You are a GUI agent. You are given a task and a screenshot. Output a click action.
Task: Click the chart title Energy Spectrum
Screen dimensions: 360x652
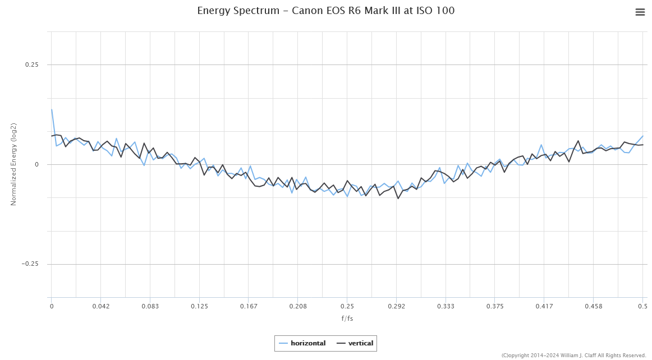pos(325,11)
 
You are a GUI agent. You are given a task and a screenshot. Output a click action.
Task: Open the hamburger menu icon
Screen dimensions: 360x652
pos(640,12)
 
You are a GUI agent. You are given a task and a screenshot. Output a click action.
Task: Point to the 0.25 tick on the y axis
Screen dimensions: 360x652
pos(31,64)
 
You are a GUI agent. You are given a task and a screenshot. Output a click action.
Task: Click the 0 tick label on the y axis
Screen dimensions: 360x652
pos(36,164)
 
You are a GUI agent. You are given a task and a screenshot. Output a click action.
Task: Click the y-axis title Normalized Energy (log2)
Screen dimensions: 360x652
pos(14,164)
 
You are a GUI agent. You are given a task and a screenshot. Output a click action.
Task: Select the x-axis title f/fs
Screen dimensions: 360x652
pos(347,319)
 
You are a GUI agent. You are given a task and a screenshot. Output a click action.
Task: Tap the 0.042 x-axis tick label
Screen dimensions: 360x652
pos(101,306)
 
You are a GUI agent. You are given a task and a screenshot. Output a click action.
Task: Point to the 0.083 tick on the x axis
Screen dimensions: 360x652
pos(150,306)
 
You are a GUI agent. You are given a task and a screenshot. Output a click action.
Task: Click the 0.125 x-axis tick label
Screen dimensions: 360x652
pos(199,306)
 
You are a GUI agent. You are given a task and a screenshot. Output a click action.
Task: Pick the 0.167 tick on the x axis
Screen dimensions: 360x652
pos(249,306)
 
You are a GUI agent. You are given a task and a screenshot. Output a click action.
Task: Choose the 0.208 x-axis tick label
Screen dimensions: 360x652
pos(298,306)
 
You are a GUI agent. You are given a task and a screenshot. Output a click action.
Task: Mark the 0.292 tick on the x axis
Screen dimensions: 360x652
pos(396,306)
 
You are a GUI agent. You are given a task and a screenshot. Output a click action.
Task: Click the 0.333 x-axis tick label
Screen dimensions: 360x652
pos(446,306)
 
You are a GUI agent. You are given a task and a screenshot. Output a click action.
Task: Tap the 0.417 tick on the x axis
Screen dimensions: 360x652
pos(544,306)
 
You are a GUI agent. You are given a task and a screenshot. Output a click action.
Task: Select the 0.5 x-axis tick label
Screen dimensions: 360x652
pos(642,306)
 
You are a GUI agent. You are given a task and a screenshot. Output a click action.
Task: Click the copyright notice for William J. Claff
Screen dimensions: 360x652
pos(573,355)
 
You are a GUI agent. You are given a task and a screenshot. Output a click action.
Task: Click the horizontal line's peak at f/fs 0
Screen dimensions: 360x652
pos(52,109)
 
